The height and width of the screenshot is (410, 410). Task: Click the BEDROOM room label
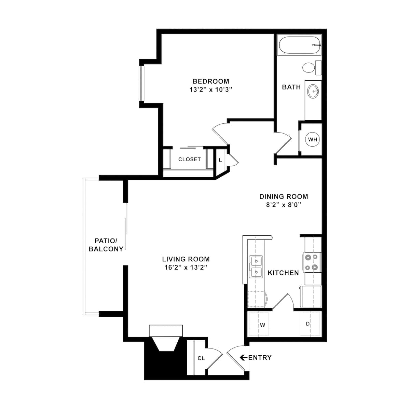211,81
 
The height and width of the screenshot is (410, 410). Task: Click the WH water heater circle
313,139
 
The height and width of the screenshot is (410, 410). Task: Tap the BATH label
291,87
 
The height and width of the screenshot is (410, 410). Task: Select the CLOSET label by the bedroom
189,159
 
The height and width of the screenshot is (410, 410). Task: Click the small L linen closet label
220,160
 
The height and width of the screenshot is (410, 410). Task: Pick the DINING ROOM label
284,196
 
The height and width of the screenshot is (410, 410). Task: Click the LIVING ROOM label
186,259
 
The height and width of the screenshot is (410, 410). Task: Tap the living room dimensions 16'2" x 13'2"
186,268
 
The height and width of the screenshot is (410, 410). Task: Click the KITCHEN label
283,273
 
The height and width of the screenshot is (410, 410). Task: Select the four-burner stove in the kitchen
312,262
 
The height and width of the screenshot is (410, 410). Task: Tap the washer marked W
262,325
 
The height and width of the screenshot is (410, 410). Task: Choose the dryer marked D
307,324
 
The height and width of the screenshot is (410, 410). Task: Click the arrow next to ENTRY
244,358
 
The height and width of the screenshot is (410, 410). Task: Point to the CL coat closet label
201,358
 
